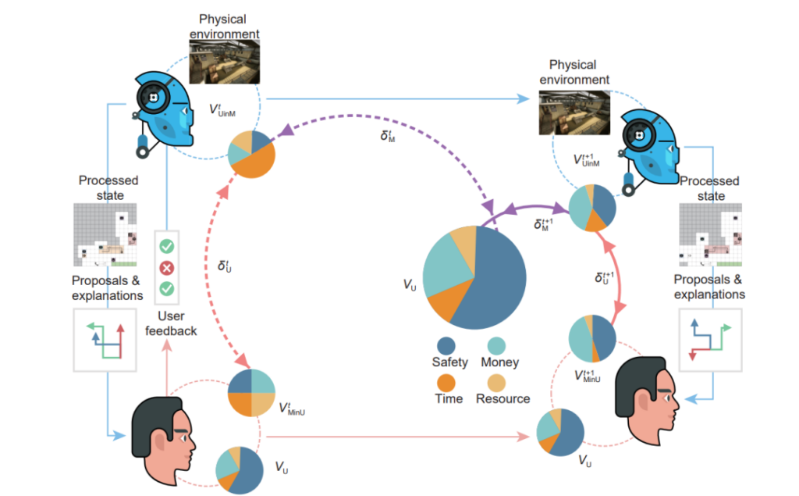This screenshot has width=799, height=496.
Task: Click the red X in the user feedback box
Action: tap(167, 268)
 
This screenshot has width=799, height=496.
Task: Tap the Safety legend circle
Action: tap(446, 346)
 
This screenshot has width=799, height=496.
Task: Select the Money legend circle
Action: tap(496, 346)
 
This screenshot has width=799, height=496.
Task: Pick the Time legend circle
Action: tap(446, 383)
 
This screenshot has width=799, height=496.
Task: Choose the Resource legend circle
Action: tap(496, 383)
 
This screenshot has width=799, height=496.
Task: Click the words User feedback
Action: tap(171, 323)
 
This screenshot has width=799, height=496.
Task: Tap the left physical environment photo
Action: tap(224, 62)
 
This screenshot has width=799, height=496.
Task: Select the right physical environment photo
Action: tap(574, 112)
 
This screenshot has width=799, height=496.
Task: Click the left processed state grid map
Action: tap(105, 235)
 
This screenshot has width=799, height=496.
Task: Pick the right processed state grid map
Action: tap(710, 235)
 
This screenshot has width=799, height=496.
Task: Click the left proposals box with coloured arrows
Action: tap(105, 340)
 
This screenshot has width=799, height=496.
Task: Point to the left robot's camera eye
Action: tap(153, 98)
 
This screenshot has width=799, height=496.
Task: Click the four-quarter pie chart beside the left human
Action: tap(251, 393)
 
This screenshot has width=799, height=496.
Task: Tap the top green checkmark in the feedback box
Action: tap(167, 247)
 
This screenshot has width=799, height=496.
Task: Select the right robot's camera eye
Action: tap(638, 136)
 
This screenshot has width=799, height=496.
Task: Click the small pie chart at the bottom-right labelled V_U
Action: tap(560, 432)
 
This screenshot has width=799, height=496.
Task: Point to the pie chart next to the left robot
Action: tap(251, 155)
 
